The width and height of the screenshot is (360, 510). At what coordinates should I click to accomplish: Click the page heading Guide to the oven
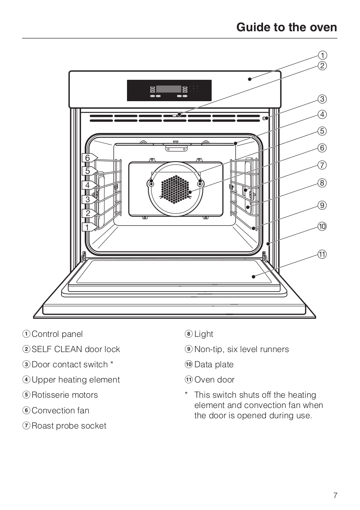(x=286, y=27)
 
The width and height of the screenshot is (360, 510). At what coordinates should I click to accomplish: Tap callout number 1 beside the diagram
(x=323, y=55)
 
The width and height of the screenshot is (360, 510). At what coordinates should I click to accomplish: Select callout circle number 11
(x=323, y=254)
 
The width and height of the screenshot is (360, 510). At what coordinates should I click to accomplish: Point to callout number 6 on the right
(x=323, y=148)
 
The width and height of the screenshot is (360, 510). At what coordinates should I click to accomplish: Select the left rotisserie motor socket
(x=151, y=183)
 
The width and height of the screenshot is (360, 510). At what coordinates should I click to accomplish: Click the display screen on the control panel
(x=168, y=89)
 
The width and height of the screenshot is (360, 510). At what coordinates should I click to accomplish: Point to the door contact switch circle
(x=265, y=118)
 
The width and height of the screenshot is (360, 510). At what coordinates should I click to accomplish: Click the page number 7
(x=335, y=495)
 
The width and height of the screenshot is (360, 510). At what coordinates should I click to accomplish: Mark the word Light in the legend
(x=204, y=334)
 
